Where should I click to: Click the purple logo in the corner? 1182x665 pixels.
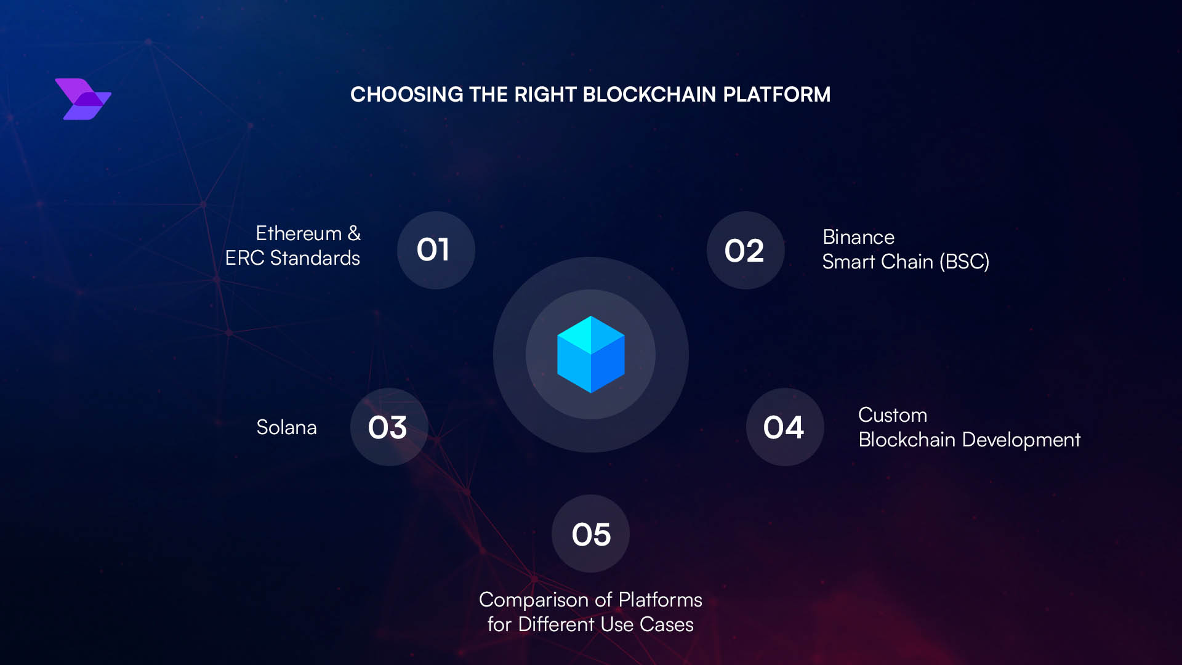[x=82, y=99]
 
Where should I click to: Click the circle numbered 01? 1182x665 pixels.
[x=436, y=250]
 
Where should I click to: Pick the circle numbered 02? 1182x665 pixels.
[x=745, y=250]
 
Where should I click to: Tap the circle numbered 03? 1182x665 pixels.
[x=388, y=427]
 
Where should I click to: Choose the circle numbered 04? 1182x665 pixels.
[x=784, y=427]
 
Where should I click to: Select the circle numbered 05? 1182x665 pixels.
[x=590, y=534]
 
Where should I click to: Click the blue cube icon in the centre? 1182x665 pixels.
[x=590, y=355]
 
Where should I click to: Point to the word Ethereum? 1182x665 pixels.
[x=299, y=233]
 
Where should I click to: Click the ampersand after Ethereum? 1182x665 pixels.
[x=354, y=233]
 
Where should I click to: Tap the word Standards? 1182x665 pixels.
[x=315, y=258]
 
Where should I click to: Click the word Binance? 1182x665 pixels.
[x=858, y=237]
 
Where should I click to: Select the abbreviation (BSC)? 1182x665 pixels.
[x=964, y=262]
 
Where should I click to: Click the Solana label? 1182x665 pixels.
[x=286, y=427]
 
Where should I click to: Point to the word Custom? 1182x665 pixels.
[x=892, y=415]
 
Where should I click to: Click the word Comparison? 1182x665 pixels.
[x=533, y=600]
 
